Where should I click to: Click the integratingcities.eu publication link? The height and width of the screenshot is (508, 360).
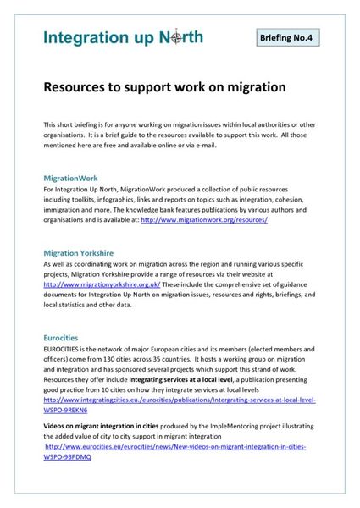point(179,399)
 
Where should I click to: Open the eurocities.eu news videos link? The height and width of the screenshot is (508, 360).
point(174,445)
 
